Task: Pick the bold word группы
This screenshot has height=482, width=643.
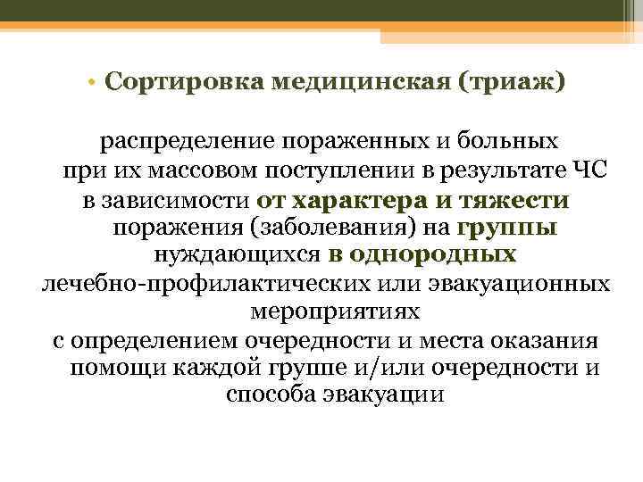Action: [x=506, y=228]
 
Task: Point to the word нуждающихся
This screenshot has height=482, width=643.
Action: [x=237, y=256]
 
